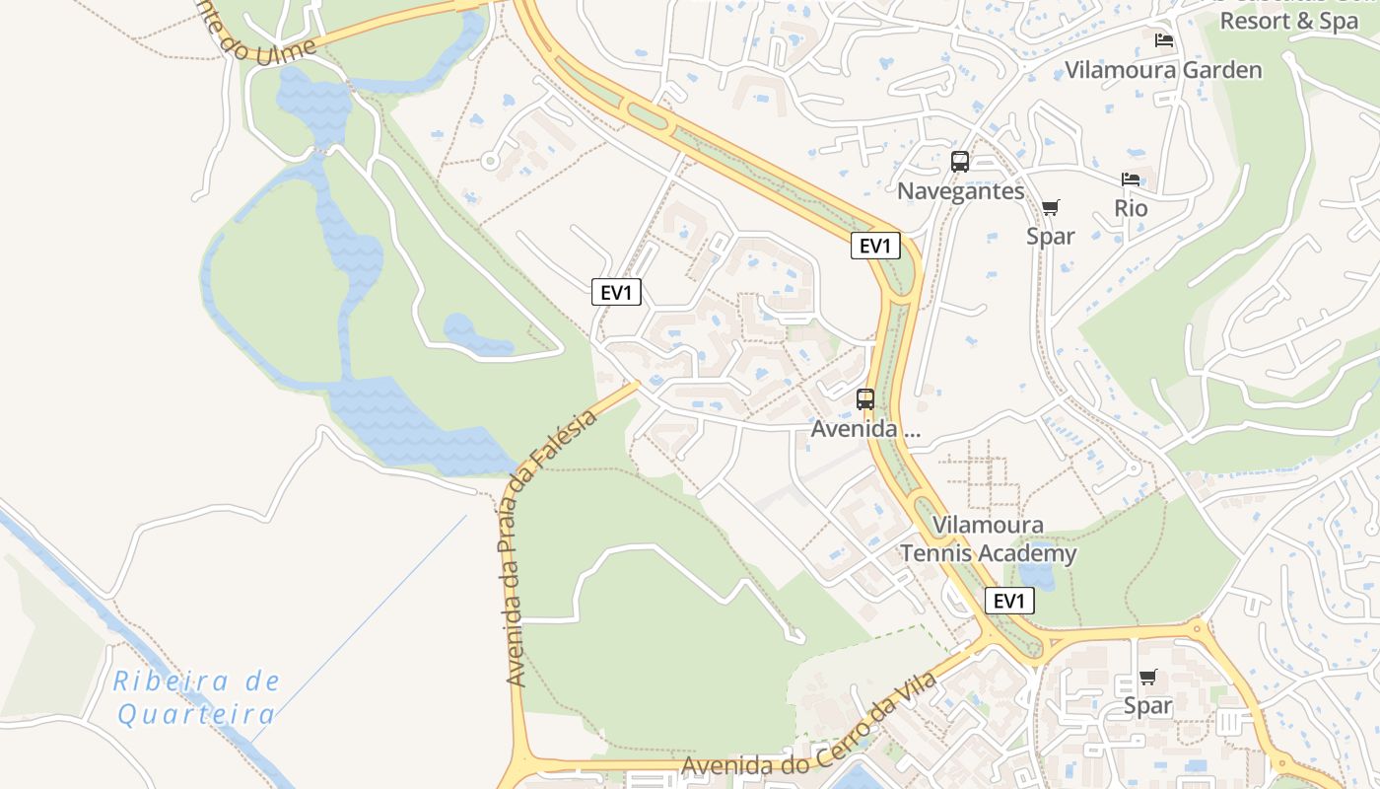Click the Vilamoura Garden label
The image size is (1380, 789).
click(1163, 70)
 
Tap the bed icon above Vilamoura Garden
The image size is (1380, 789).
click(1164, 40)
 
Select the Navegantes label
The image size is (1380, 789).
click(961, 191)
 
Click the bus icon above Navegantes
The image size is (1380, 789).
click(960, 162)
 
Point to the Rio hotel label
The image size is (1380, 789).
click(1131, 209)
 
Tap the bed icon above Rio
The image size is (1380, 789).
click(1131, 179)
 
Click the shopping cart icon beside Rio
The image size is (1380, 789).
click(1050, 207)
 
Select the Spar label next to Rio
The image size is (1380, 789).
click(1050, 237)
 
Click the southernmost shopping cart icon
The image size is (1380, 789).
click(1147, 678)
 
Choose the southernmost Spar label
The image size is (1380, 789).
click(1148, 706)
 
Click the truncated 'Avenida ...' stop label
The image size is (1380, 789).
click(864, 429)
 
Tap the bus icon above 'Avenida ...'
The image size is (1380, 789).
click(865, 399)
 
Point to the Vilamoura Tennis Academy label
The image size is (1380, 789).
click(988, 539)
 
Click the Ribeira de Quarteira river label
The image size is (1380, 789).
click(196, 697)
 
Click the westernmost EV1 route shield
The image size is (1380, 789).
click(617, 292)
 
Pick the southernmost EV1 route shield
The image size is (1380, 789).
click(1009, 601)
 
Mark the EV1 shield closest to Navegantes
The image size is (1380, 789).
click(875, 246)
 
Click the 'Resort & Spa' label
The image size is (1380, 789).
click(1289, 21)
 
